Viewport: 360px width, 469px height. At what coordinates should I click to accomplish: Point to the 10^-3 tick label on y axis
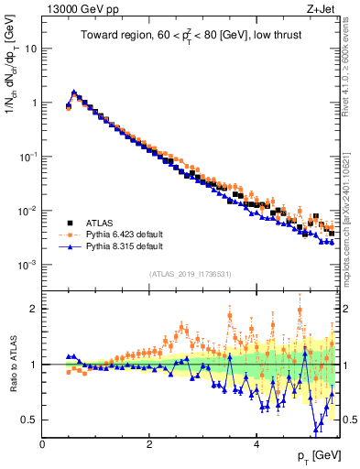[x=27, y=265]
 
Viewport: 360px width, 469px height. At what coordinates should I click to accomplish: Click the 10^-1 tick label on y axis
[x=27, y=157]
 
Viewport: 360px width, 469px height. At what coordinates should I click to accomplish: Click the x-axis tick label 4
[x=256, y=444]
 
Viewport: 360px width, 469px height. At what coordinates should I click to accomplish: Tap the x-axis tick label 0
[x=43, y=444]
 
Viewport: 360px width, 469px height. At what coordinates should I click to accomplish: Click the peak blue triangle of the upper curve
[x=74, y=92]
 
